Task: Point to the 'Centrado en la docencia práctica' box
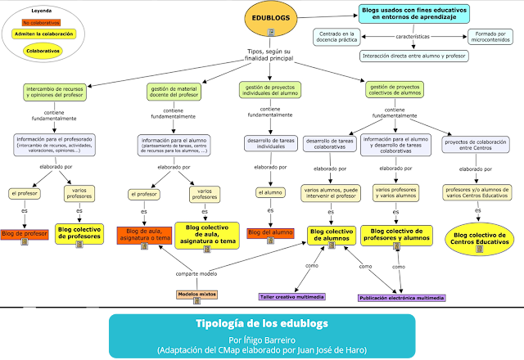337,37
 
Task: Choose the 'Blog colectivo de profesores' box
79,233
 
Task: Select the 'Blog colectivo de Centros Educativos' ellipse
477,239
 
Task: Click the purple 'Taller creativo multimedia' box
290,297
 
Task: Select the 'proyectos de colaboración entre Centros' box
476,144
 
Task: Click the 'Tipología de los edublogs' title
261,323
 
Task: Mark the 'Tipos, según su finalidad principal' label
271,56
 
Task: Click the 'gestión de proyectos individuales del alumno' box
270,89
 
